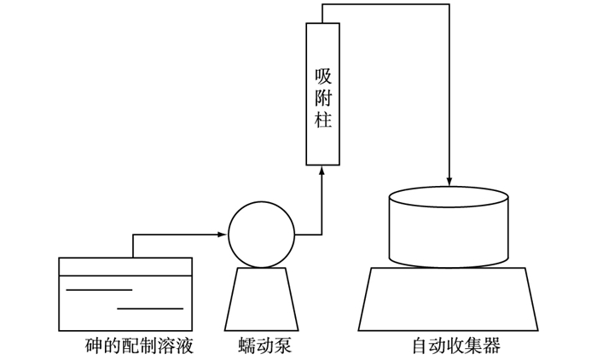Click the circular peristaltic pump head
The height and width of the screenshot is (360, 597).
point(261,233)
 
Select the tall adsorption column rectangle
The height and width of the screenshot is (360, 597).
point(322,94)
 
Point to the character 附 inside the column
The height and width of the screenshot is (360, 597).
point(322,100)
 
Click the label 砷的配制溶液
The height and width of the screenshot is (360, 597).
point(140,346)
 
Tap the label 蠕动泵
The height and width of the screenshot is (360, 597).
point(261,346)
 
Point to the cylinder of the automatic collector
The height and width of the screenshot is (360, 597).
point(449,230)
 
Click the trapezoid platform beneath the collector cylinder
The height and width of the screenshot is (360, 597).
point(449,298)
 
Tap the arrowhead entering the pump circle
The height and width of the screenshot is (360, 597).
point(222,233)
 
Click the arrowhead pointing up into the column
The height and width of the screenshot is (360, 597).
point(322,171)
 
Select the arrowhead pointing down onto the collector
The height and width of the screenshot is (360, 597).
point(449,181)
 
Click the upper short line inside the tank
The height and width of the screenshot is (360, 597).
point(99,290)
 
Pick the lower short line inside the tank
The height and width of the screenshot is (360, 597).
point(150,308)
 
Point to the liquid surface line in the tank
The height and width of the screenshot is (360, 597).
point(125,276)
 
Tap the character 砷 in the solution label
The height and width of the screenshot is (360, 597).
point(93,346)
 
